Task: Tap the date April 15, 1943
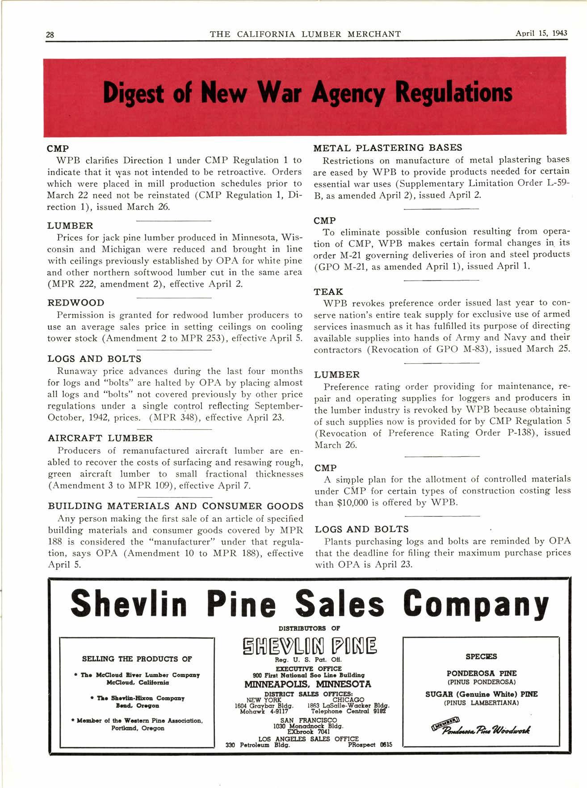click(x=541, y=34)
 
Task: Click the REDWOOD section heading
click(x=75, y=303)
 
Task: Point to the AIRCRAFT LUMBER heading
click(x=100, y=438)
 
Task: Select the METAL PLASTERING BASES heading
click(x=388, y=148)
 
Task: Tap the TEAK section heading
click(x=328, y=292)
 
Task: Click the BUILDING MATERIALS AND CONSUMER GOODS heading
click(x=176, y=506)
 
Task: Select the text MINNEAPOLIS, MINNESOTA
click(x=308, y=684)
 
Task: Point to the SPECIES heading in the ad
click(x=481, y=657)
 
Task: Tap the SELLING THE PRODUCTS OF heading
click(x=137, y=659)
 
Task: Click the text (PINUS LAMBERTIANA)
click(x=481, y=703)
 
